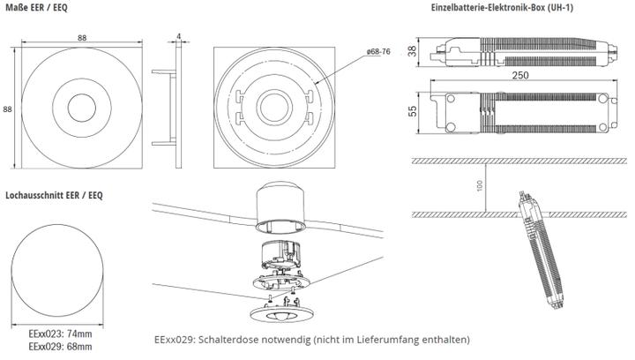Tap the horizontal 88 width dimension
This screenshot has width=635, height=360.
[80, 37]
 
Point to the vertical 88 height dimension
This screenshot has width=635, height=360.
[8, 109]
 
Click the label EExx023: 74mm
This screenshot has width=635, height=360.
[59, 335]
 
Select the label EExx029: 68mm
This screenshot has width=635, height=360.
[59, 348]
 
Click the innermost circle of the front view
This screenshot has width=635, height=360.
[80, 108]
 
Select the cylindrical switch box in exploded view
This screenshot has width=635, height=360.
[278, 208]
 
